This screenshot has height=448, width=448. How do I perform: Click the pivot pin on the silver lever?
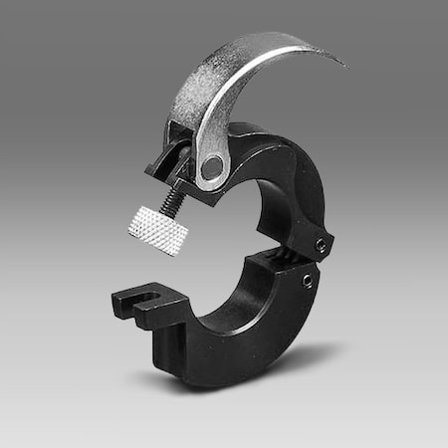pos(212,167)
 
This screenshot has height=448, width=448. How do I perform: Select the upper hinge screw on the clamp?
pos(321,246)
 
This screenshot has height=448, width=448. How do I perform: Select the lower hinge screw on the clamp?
pos(309,281)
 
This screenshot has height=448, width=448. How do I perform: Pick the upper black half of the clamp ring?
pos(289,179)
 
